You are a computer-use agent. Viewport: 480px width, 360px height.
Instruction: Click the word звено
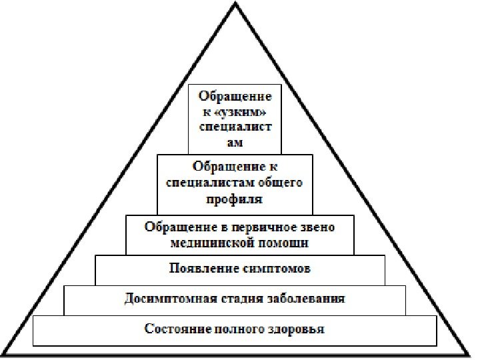click(316, 227)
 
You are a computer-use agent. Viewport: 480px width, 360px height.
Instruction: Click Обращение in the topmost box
click(235, 97)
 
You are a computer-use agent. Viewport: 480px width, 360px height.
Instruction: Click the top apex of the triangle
click(235, 4)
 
